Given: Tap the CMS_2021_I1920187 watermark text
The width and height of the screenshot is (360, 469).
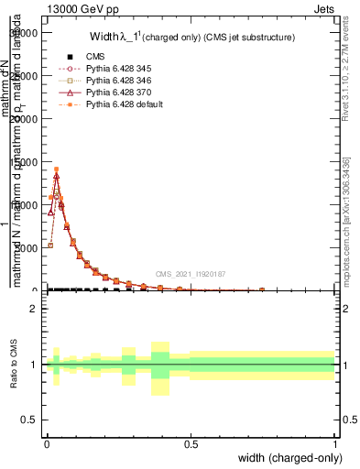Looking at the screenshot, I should [x=191, y=273].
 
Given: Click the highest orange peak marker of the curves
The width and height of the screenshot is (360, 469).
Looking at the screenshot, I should [x=56, y=169].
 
